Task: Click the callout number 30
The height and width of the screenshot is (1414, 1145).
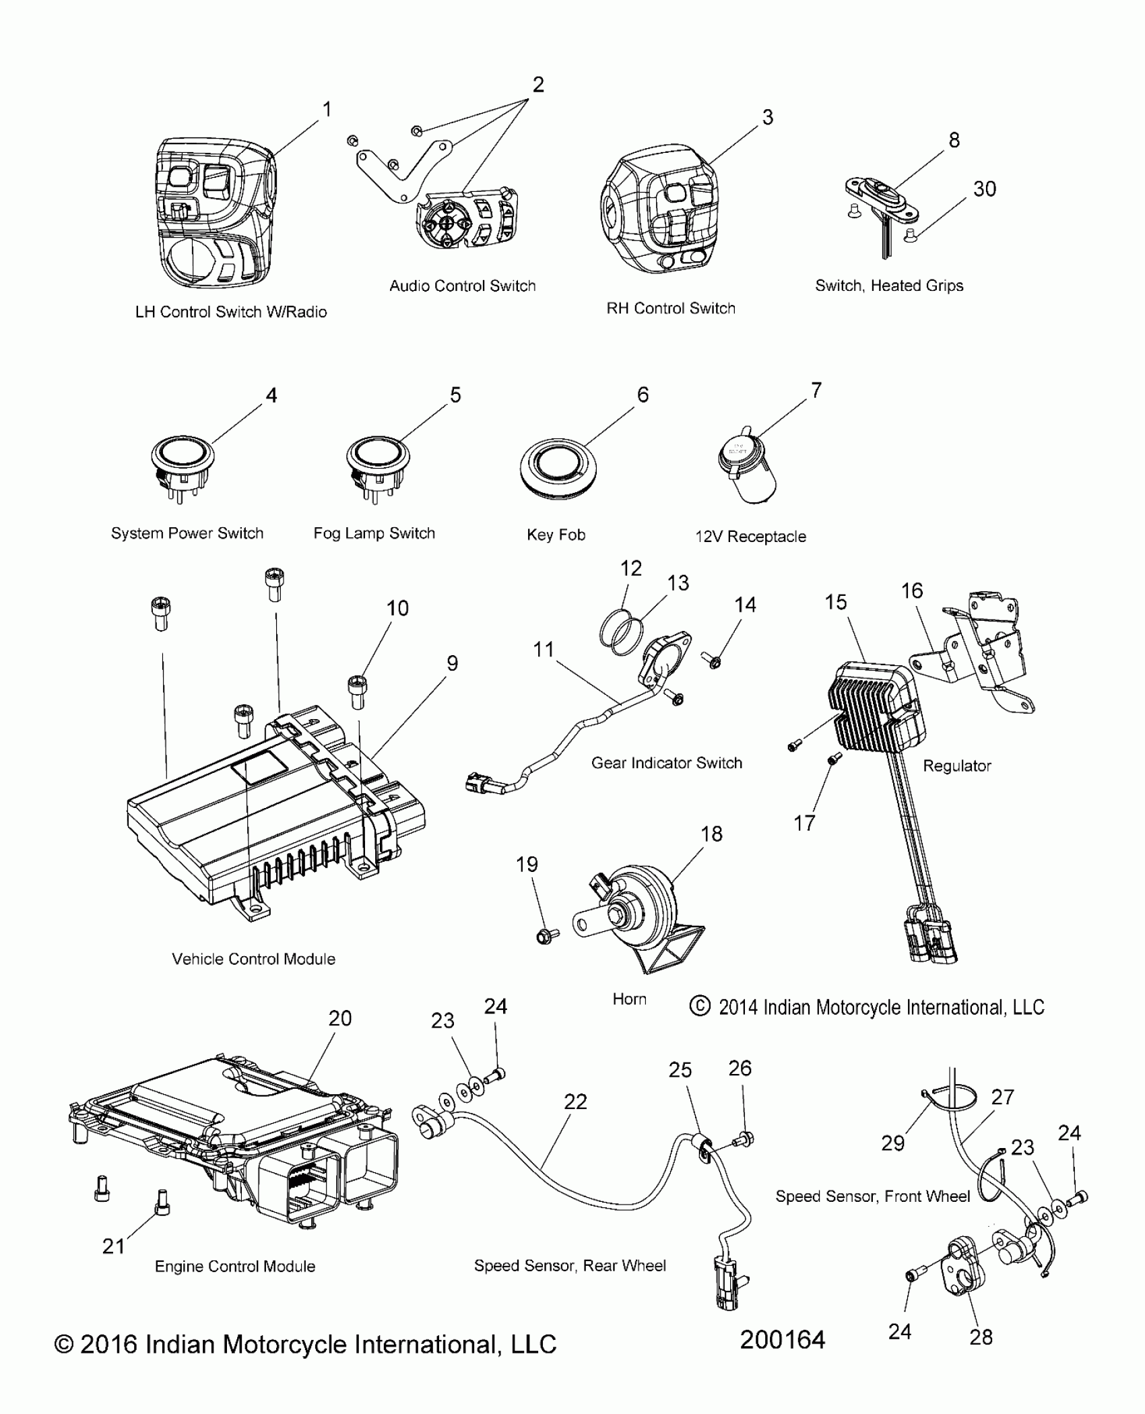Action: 984,189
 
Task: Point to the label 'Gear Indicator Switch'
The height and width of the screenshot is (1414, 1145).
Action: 666,763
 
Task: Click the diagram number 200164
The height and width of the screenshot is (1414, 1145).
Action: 782,1340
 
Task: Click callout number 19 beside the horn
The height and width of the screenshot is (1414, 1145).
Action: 527,864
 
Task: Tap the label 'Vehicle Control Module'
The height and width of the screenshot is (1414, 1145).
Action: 253,959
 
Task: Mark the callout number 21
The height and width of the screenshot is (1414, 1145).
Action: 113,1246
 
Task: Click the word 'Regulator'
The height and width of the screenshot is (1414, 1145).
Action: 956,766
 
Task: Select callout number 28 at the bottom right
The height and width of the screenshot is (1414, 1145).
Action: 981,1337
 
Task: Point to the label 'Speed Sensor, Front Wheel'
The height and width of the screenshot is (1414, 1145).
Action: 872,1197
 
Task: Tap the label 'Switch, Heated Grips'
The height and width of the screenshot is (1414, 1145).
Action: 889,285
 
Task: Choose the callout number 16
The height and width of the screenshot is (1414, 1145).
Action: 911,591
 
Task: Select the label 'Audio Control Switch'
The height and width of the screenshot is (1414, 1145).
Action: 462,285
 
